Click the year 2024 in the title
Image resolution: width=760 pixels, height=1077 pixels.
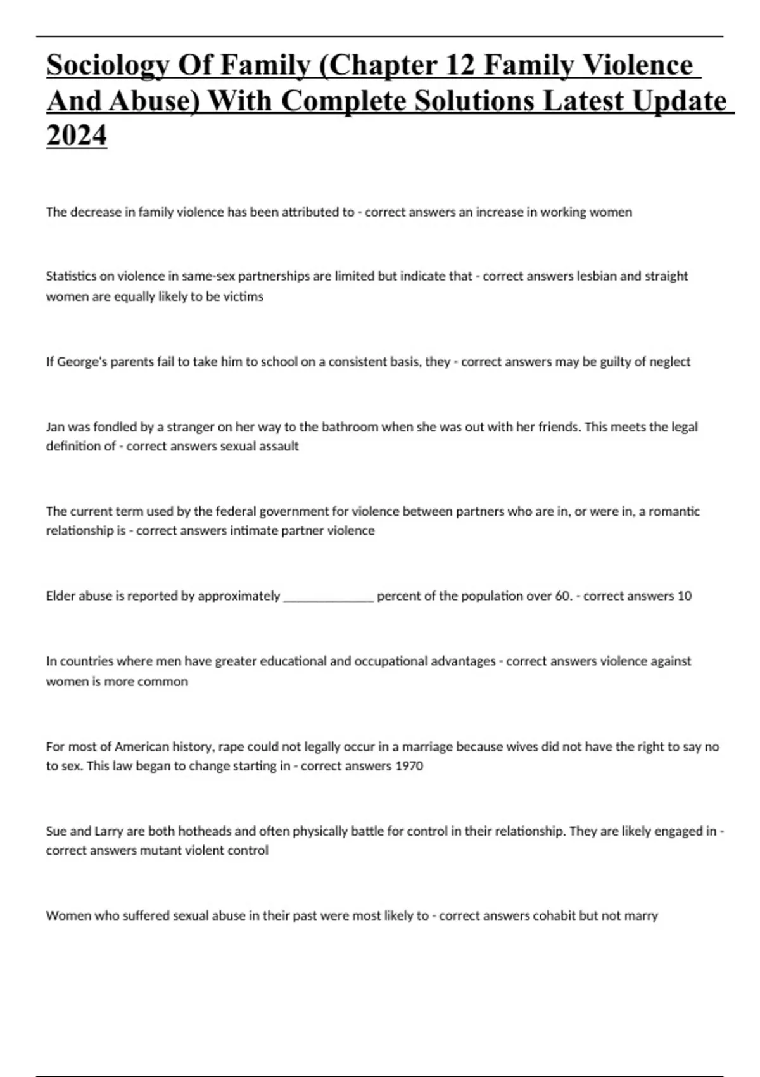tap(77, 135)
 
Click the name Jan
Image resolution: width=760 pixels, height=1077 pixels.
tap(54, 427)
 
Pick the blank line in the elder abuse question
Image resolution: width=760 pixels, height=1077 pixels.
tap(329, 596)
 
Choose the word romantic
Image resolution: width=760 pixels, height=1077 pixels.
tap(675, 511)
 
